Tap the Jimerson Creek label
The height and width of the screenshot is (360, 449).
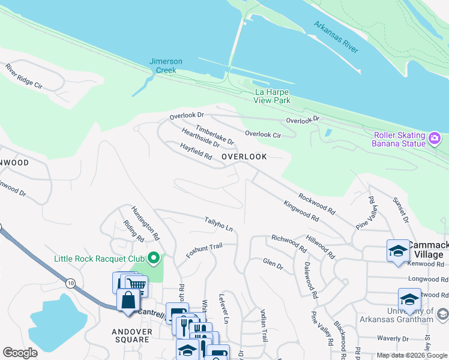point(163,66)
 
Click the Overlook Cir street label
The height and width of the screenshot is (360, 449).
point(263,134)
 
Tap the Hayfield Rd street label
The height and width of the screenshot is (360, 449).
point(196,151)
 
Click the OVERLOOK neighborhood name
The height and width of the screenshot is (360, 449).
point(244,157)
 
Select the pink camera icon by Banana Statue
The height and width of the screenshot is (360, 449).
point(435,139)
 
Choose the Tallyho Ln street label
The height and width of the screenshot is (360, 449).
point(218,224)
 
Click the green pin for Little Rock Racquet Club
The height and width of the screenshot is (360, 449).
point(154,259)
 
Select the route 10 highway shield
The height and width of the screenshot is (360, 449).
point(71,282)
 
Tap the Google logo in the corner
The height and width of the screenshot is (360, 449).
point(20,352)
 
